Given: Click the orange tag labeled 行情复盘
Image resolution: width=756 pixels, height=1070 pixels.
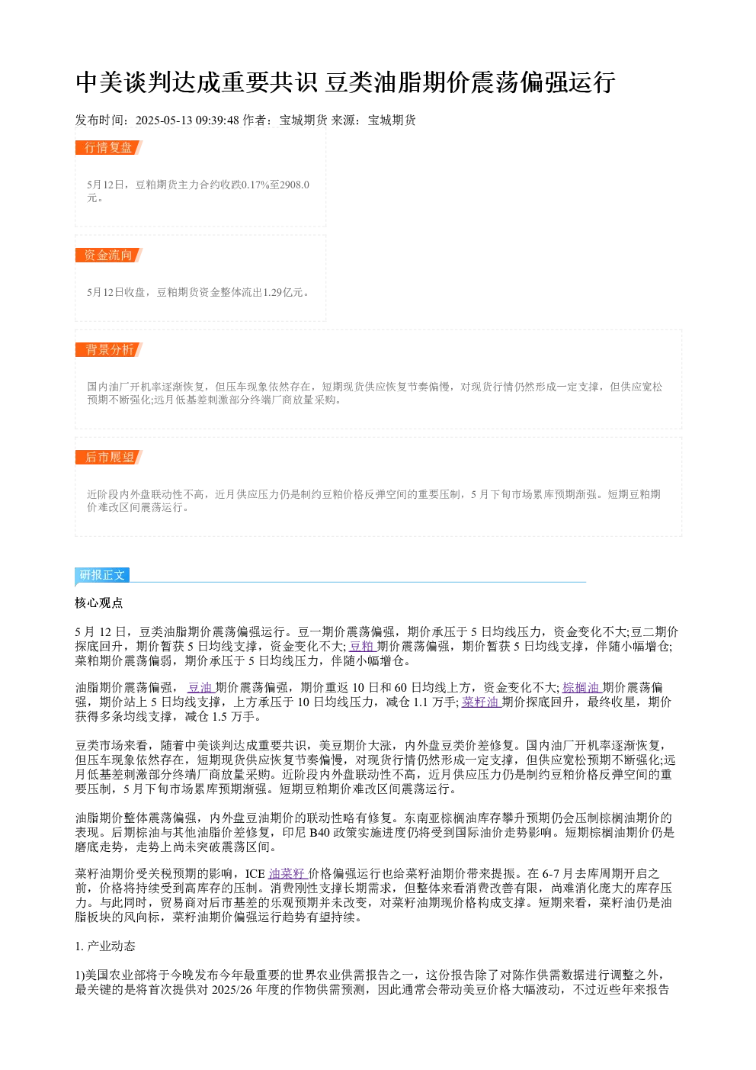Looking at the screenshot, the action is click(x=109, y=148).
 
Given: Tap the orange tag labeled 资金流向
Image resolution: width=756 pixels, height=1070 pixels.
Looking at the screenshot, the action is click(x=109, y=255).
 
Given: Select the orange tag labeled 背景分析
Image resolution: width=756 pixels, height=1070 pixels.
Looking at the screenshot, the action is click(x=109, y=349).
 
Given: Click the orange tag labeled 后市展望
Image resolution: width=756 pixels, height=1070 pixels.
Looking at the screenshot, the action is click(x=109, y=457).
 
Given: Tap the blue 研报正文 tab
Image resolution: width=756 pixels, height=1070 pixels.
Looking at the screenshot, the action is click(x=102, y=574).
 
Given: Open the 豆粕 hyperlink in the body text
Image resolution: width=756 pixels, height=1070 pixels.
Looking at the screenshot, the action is click(x=362, y=646).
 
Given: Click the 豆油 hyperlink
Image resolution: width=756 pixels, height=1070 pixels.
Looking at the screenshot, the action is click(x=200, y=687).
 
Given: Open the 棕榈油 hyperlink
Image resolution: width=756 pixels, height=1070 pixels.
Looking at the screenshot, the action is click(x=581, y=687).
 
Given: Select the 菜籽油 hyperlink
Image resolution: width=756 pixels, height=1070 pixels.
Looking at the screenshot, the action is click(x=481, y=702).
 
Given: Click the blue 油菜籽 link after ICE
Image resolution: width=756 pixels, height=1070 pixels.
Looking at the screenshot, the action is click(x=288, y=874).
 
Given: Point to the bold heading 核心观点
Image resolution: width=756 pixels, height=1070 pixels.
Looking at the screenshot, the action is click(x=99, y=602).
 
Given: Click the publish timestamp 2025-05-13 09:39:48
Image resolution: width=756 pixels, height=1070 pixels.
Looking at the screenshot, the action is click(x=187, y=120).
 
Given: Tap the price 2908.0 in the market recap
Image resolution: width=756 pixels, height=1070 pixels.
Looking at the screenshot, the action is click(x=294, y=185).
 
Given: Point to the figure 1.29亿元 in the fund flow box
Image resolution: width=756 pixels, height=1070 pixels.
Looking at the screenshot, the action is click(x=283, y=292).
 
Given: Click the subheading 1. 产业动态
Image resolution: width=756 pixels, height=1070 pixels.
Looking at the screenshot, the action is click(x=105, y=946).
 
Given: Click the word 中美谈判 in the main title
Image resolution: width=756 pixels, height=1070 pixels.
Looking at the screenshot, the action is click(x=123, y=82).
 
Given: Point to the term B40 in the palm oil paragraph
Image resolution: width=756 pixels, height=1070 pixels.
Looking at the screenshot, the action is click(x=319, y=833).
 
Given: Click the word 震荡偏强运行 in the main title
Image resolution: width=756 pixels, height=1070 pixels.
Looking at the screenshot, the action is click(x=543, y=82).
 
